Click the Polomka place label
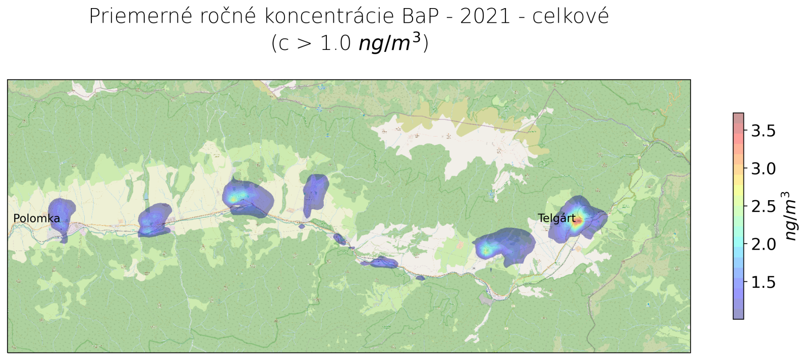point(36,218)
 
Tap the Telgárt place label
point(556,218)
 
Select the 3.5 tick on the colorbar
point(763,131)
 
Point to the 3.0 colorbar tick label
point(763,168)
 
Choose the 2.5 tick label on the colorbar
point(763,206)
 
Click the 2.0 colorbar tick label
point(763,244)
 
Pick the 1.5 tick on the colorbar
point(763,282)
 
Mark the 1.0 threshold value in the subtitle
point(335,43)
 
